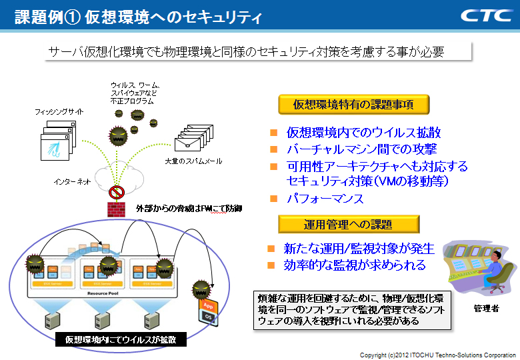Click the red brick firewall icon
point(117,209)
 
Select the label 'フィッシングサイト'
point(59,112)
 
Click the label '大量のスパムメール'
point(193,161)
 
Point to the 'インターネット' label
point(72,181)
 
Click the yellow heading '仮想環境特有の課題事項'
point(353,104)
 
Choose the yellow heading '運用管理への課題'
point(349,224)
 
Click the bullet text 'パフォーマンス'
point(325,199)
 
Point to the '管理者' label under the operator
point(486,309)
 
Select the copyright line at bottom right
point(438,355)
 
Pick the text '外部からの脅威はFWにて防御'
point(189,209)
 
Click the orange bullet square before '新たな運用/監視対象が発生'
point(271,249)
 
